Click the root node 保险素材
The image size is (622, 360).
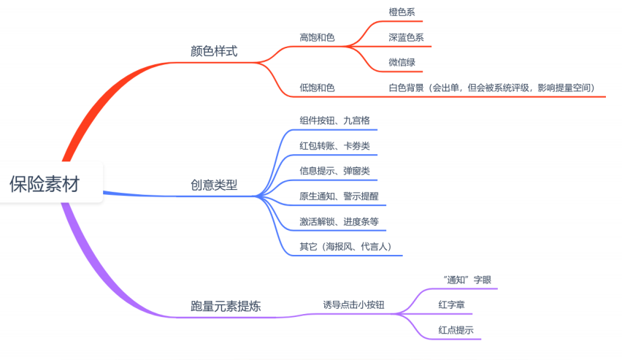point(45,183)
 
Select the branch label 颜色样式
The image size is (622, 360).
point(214,52)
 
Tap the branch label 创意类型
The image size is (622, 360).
point(214,185)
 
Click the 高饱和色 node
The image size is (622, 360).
point(317,37)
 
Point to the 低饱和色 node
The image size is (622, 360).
point(317,88)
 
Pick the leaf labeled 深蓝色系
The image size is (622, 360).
point(406,37)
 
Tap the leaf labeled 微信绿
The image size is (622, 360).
point(402,62)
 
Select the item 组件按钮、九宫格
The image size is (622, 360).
point(339,120)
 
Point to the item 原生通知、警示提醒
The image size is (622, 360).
point(339,196)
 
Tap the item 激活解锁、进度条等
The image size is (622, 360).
point(339,221)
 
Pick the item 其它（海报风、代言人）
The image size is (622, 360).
point(346,247)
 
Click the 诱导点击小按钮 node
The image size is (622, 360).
point(353,305)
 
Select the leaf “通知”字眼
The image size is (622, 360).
point(462,280)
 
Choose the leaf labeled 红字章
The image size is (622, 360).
point(452,305)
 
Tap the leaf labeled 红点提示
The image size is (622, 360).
point(456,330)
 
